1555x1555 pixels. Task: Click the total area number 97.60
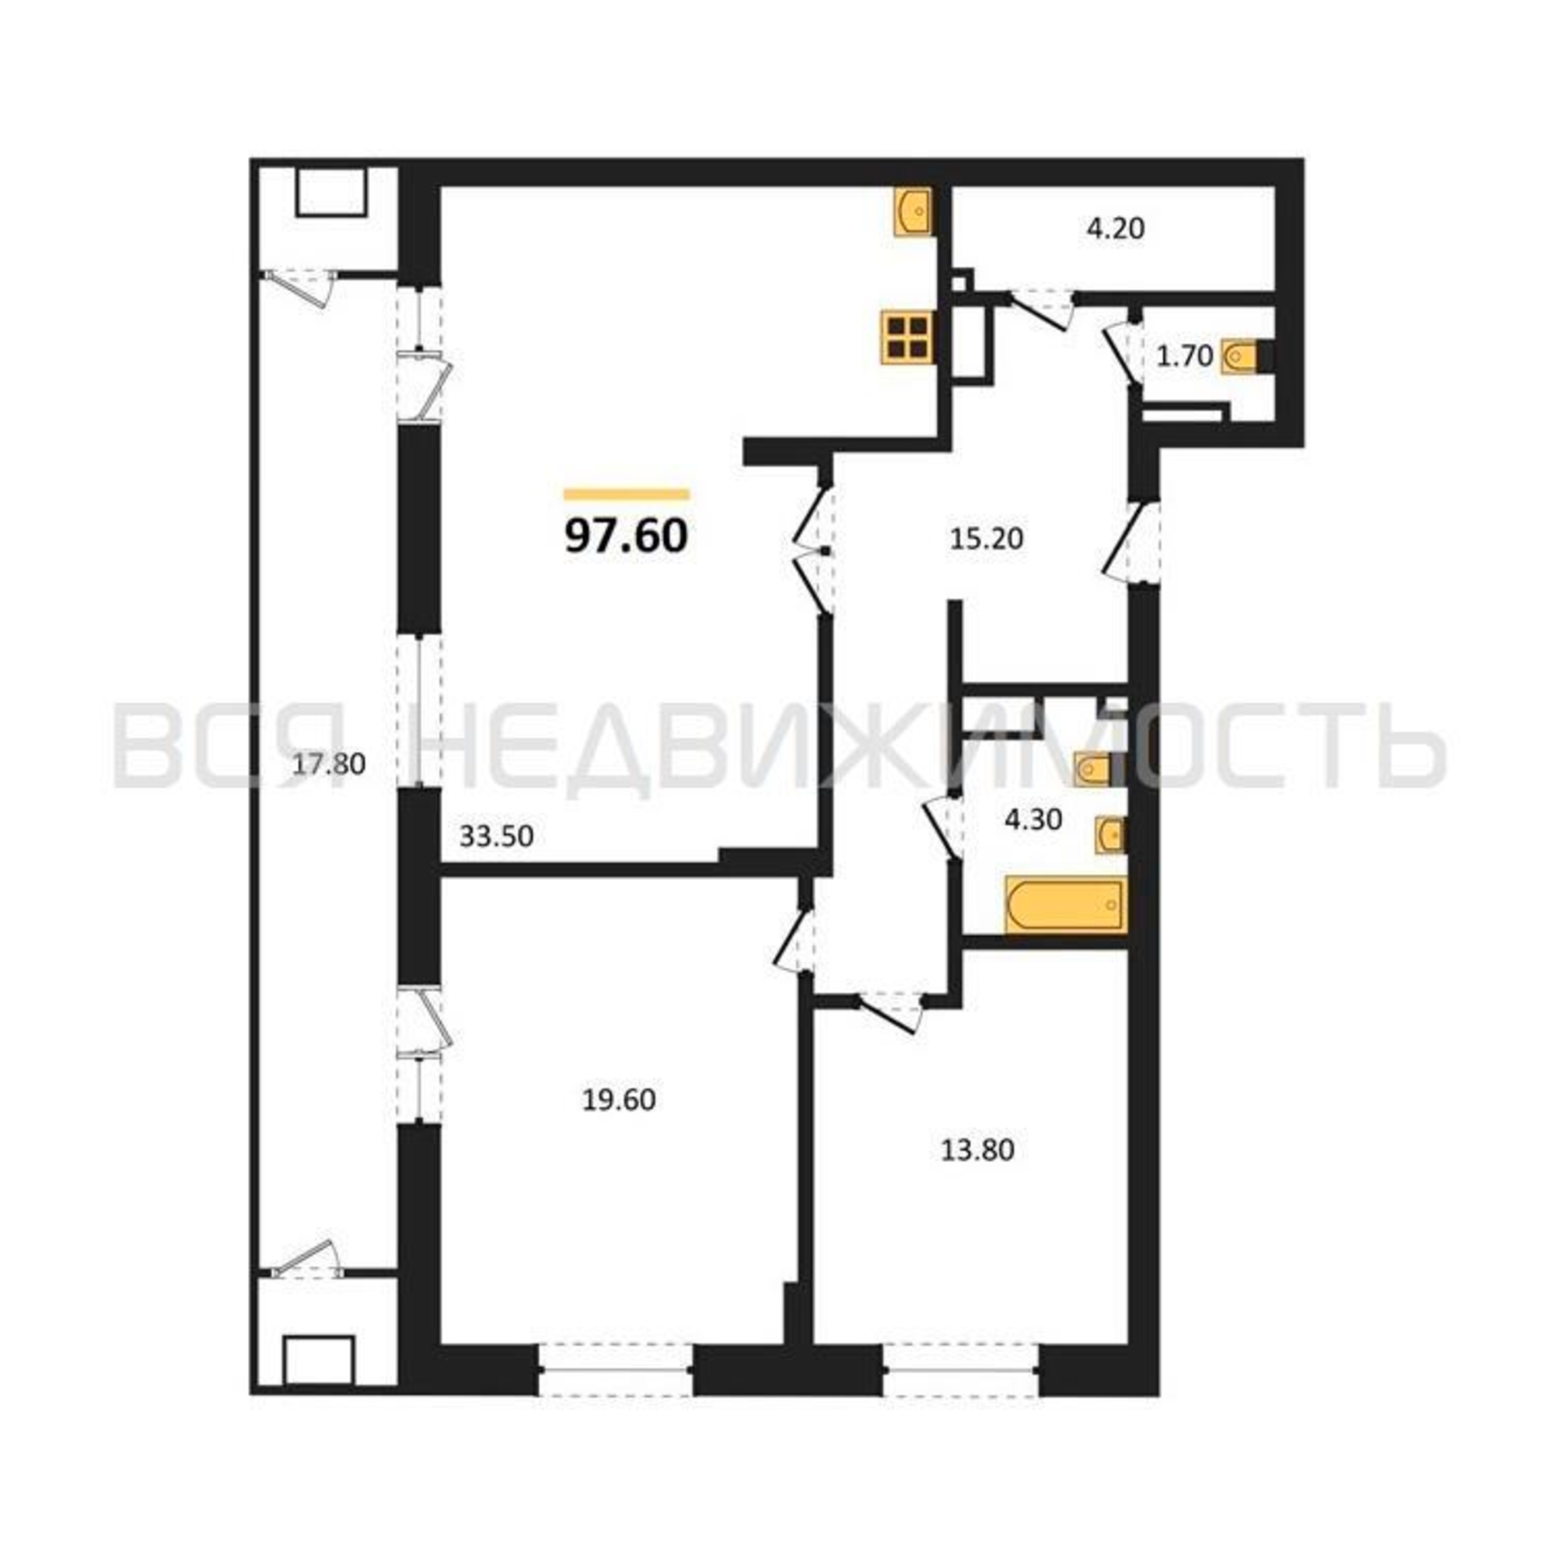[x=626, y=535]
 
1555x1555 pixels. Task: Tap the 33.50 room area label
[x=497, y=837]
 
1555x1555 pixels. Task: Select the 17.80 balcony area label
[x=328, y=763]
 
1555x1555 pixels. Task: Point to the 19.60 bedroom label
[x=619, y=1099]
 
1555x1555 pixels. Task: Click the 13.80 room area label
[x=978, y=1150]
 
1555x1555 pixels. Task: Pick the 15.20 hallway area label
[x=987, y=539]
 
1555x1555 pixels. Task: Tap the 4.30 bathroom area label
[x=1033, y=819]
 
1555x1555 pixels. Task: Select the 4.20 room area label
[x=1116, y=229]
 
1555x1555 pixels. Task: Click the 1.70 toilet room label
[x=1185, y=356]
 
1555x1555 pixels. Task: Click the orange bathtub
[x=1066, y=906]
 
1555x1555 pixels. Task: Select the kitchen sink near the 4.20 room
[x=913, y=211]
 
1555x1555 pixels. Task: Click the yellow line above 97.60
[x=627, y=494]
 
